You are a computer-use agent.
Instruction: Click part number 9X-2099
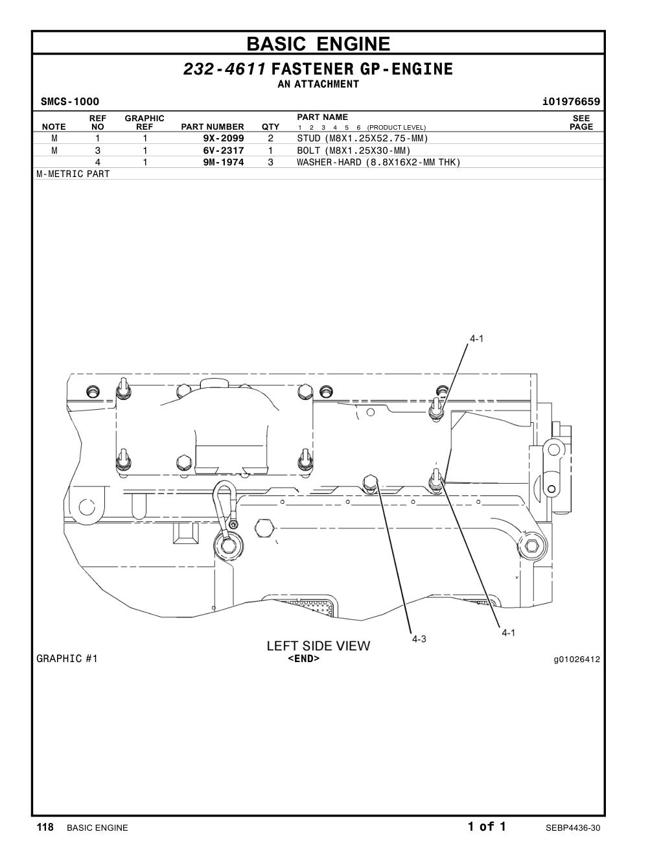(x=223, y=138)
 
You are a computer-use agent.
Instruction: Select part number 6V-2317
(x=223, y=150)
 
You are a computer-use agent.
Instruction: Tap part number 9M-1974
(x=223, y=162)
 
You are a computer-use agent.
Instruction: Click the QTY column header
(x=270, y=127)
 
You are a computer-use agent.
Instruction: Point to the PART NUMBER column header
(x=213, y=127)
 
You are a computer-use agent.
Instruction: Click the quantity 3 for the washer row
(x=270, y=162)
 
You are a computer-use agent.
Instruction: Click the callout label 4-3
(x=419, y=639)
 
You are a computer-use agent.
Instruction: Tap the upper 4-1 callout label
(x=476, y=339)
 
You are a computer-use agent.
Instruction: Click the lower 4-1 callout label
(x=508, y=633)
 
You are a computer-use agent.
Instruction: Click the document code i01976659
(x=571, y=102)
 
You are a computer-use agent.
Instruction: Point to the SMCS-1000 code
(x=70, y=102)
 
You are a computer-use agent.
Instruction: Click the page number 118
(x=45, y=827)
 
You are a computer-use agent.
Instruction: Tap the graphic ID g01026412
(x=577, y=660)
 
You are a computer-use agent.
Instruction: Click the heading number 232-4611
(x=225, y=69)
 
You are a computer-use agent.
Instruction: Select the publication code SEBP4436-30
(x=573, y=828)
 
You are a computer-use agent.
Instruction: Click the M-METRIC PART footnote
(x=73, y=174)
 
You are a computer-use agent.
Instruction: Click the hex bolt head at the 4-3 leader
(x=370, y=482)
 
